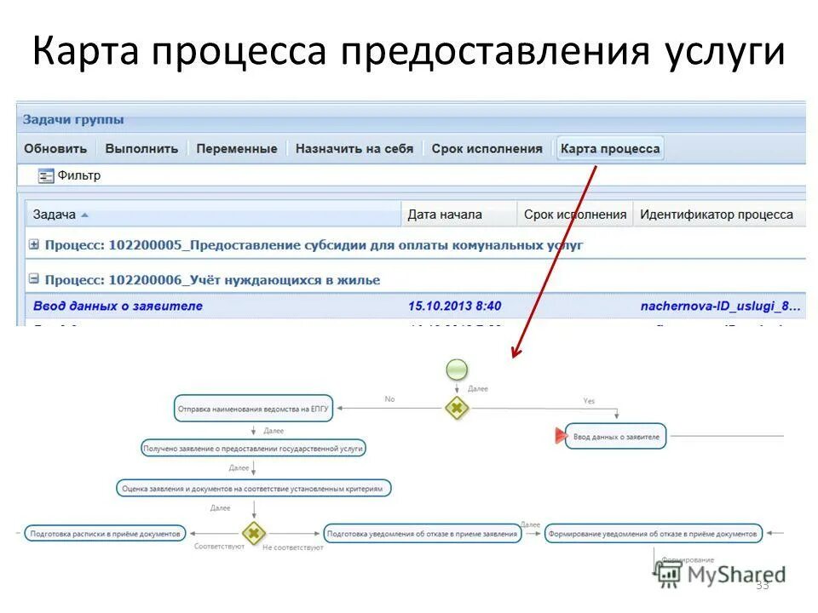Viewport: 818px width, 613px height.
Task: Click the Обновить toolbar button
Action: click(55, 149)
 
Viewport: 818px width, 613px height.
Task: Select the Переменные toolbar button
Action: click(236, 149)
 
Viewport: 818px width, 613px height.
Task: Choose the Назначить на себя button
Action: click(354, 149)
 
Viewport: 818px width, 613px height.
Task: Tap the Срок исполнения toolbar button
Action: click(487, 149)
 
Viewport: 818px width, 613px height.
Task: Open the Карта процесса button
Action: click(609, 149)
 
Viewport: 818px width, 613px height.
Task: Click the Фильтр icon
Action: click(46, 176)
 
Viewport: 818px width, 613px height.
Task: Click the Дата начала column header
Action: click(445, 215)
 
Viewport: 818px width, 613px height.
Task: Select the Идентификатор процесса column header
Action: click(716, 215)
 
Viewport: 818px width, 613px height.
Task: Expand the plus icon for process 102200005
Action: click(34, 245)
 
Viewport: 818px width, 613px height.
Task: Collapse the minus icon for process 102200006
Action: click(34, 278)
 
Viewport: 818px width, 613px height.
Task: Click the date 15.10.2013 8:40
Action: click(454, 306)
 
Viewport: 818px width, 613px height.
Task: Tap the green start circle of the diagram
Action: click(458, 370)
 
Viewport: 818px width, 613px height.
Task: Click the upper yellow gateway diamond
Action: click(457, 408)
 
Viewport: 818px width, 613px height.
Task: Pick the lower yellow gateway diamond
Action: click(253, 534)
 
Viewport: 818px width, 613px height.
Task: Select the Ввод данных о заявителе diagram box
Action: click(615, 436)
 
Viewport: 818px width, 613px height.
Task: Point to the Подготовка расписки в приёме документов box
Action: click(105, 534)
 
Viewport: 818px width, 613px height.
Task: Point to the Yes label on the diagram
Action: click(589, 400)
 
